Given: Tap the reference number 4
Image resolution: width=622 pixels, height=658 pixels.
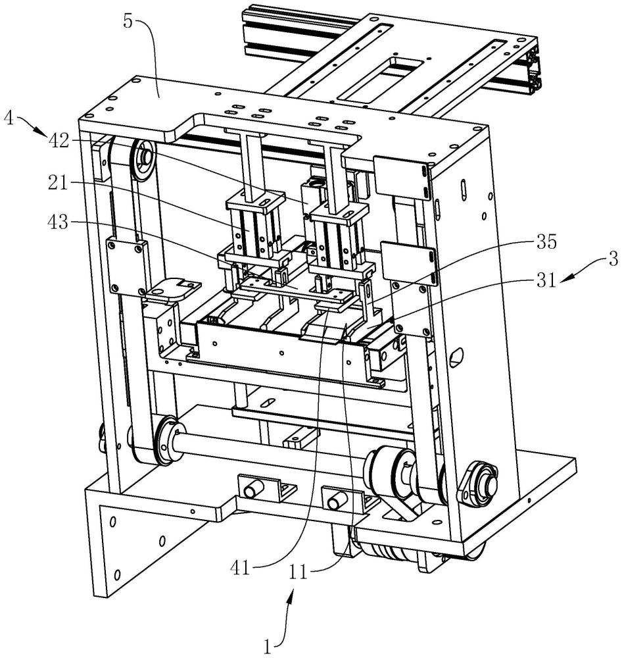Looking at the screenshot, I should pos(8,118).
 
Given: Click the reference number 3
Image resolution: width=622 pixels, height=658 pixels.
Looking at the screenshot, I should pos(612,259).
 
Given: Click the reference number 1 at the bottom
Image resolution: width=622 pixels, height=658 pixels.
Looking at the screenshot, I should pos(268,647).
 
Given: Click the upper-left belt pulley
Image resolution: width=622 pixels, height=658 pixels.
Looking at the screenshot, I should pos(143,159).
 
